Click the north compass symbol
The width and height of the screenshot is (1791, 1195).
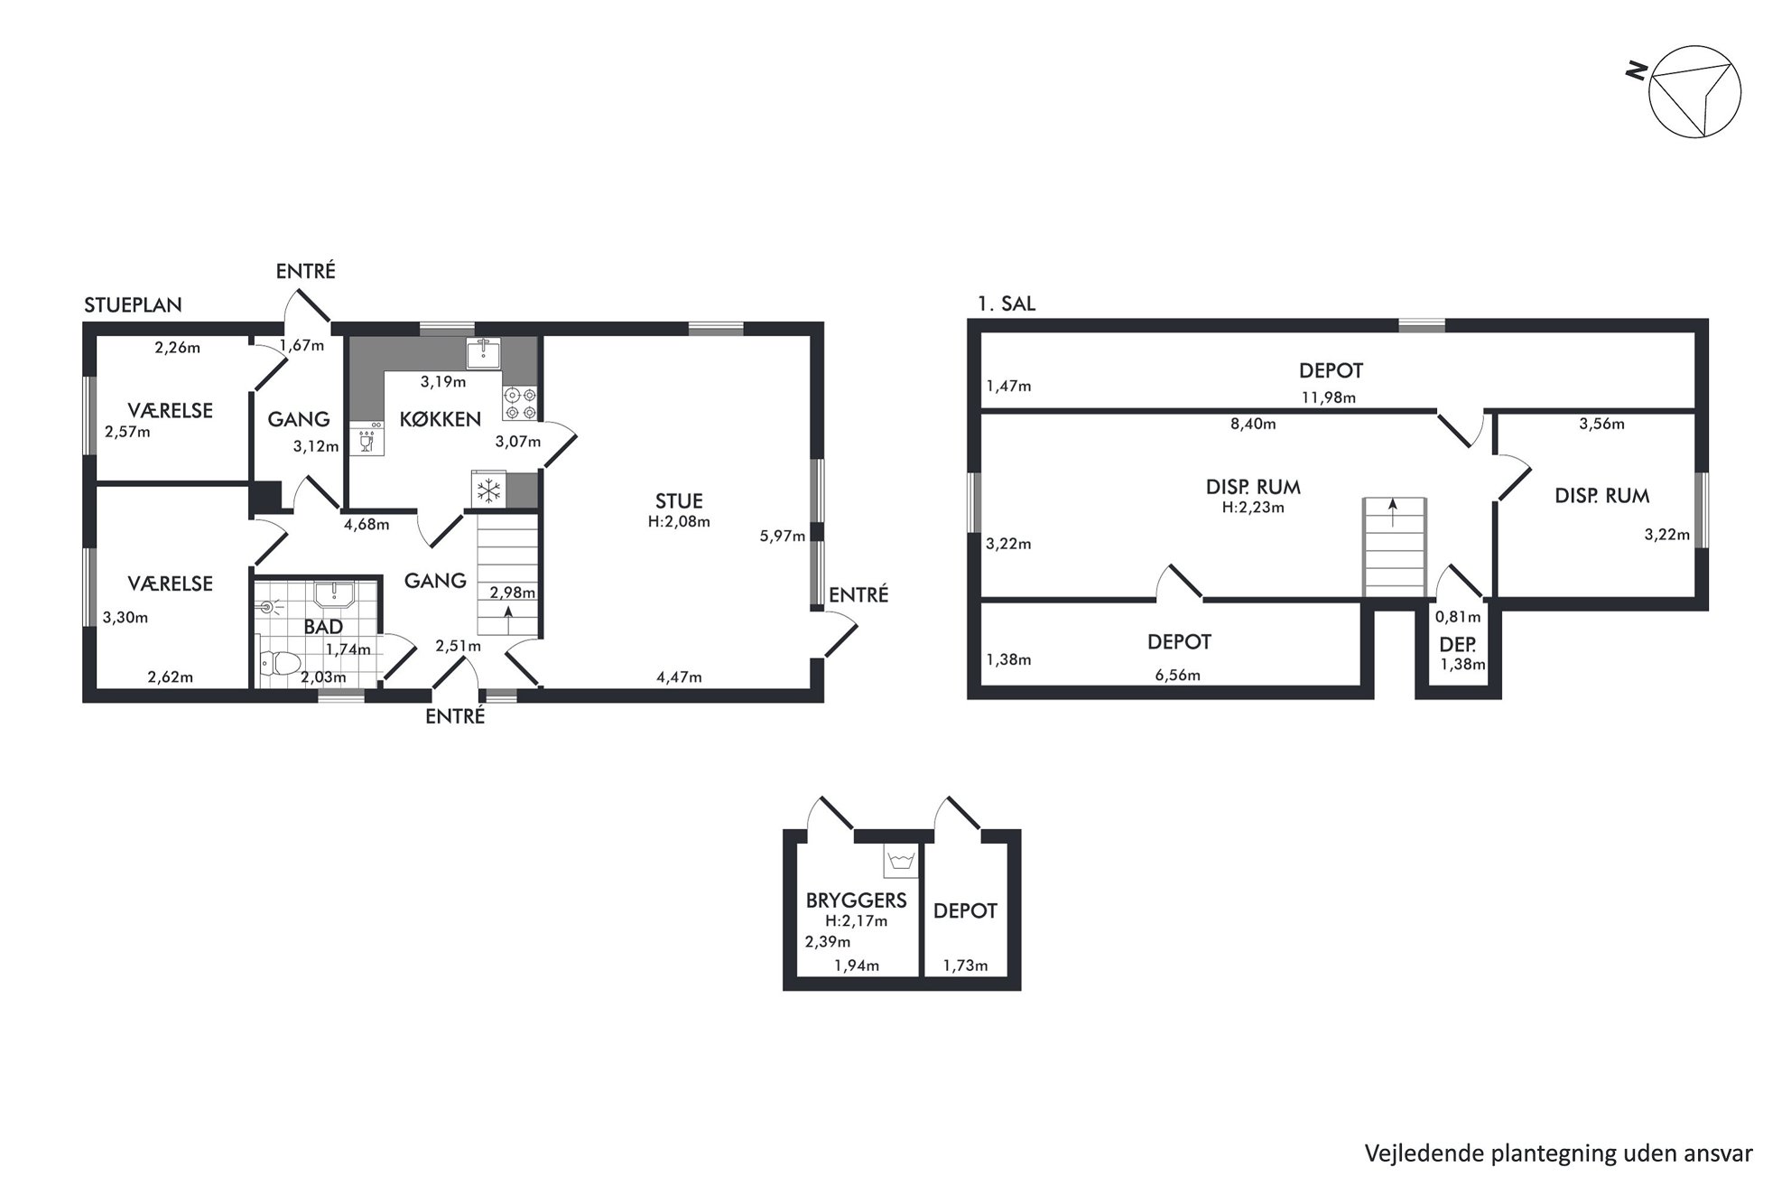click(1694, 91)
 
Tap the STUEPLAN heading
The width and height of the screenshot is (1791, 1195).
click(133, 305)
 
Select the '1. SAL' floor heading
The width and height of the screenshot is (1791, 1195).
click(1007, 303)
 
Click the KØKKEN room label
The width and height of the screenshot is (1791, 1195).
click(441, 419)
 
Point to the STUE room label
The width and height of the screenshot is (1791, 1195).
click(679, 501)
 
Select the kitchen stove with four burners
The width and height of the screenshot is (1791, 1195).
click(520, 403)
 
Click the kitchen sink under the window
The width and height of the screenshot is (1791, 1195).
click(484, 353)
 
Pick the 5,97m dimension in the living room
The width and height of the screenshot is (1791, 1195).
click(782, 536)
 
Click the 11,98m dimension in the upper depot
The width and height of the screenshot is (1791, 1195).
click(1328, 397)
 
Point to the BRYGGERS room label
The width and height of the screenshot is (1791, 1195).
click(856, 901)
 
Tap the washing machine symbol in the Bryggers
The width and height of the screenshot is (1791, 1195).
click(900, 863)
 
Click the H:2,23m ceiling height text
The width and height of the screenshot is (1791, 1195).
click(1253, 508)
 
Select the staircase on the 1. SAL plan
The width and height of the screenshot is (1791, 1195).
click(1394, 547)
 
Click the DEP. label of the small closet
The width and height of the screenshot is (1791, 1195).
click(1457, 645)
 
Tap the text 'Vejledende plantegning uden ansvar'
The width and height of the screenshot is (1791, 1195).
click(1559, 1153)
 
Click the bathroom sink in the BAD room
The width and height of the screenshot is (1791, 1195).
click(334, 593)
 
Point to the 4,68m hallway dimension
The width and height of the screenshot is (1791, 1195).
click(367, 524)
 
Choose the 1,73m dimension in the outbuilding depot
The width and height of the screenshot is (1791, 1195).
click(965, 966)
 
